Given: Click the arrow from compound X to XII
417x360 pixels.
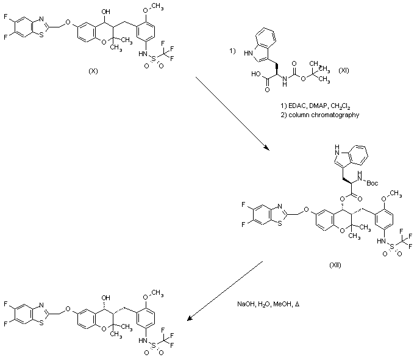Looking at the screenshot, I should pyautogui.click(x=232, y=112).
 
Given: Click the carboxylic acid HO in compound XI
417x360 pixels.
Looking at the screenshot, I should pyautogui.click(x=257, y=77).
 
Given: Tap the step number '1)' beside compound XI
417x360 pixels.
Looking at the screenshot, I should pyautogui.click(x=232, y=51).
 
